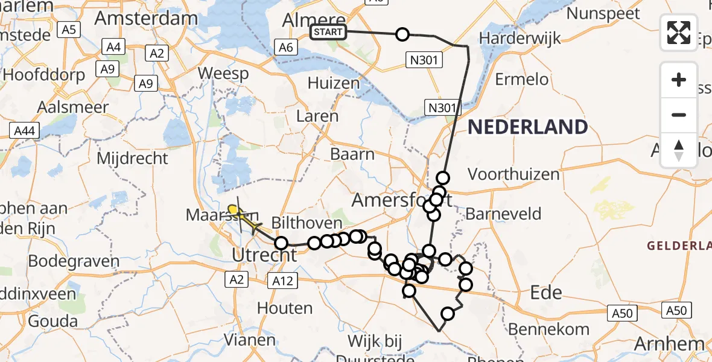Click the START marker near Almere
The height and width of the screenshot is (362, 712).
pos(329,32)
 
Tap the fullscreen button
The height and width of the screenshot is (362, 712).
pos(679,33)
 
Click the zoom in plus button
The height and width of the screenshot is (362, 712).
pos(679,80)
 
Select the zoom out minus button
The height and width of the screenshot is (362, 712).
pos(679,115)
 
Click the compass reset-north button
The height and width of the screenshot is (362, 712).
pos(679,150)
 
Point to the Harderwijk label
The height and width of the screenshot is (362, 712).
pos(520,38)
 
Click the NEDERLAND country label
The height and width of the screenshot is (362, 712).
pos(528,127)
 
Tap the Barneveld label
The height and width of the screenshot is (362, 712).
pos(503,214)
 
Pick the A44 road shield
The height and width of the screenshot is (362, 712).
pos(24,130)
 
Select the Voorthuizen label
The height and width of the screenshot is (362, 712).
pos(513,175)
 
